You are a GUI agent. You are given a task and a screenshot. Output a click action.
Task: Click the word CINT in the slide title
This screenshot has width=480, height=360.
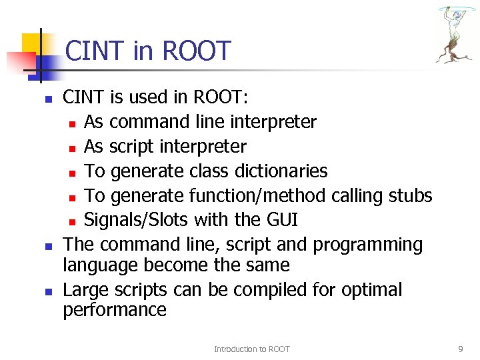(95, 51)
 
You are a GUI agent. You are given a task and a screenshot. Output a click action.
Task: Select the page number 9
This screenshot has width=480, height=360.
(461, 349)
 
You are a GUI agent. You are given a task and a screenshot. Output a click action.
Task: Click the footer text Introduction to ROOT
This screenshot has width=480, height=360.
(251, 349)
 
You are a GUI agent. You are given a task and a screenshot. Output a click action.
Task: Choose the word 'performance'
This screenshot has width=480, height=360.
(115, 310)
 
